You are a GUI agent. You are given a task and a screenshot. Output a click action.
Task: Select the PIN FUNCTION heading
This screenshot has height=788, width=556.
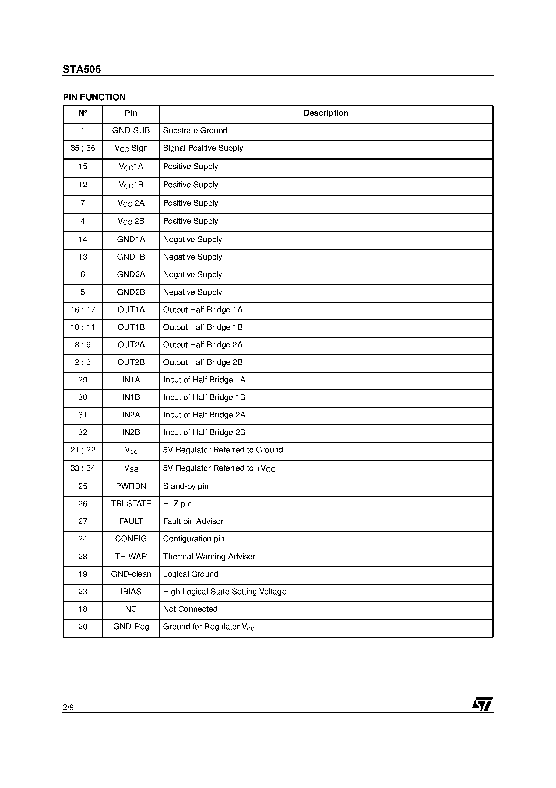click(94, 97)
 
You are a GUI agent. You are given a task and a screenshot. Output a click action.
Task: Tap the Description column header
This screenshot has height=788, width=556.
click(326, 113)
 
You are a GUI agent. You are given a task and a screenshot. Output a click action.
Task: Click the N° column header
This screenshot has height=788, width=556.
click(83, 113)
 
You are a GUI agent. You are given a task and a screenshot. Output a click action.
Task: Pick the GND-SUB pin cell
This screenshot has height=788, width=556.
click(131, 130)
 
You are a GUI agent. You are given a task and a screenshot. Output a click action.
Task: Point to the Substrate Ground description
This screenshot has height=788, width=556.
click(195, 130)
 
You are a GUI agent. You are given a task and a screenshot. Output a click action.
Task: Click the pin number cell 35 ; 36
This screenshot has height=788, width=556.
click(83, 148)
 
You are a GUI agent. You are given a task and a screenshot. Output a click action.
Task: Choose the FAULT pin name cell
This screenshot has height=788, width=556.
click(131, 521)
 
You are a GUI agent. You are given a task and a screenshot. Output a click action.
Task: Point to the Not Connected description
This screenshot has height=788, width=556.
click(190, 609)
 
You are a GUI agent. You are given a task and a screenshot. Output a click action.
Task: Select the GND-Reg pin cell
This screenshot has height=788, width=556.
click(131, 626)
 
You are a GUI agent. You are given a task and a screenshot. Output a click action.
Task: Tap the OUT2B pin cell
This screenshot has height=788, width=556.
click(131, 362)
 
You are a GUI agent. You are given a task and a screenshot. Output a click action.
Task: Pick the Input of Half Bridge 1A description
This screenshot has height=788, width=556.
click(204, 380)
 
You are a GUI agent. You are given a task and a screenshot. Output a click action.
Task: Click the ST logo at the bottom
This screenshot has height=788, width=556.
click(482, 704)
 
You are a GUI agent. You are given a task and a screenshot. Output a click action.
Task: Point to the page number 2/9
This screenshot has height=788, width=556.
click(68, 707)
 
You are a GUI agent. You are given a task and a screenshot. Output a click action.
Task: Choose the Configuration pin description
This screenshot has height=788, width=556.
click(194, 538)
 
